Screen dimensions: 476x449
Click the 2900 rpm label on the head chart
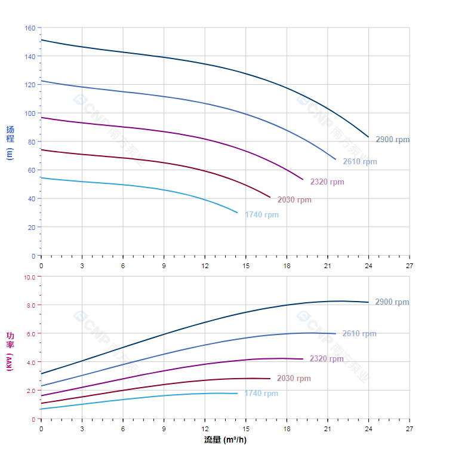click(x=392, y=139)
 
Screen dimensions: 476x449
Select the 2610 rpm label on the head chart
click(x=359, y=161)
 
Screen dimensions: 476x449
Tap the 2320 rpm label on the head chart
click(x=327, y=182)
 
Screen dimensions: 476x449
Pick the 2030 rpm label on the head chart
click(x=294, y=199)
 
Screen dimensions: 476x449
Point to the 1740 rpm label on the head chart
click(x=262, y=214)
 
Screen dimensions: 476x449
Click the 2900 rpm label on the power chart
click(x=392, y=302)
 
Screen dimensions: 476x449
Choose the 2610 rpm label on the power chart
click(x=359, y=333)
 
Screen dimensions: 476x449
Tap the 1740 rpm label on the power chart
click(x=261, y=393)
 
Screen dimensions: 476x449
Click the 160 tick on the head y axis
click(x=29, y=27)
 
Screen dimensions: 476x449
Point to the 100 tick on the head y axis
click(x=29, y=113)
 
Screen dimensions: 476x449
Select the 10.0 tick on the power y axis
click(x=29, y=277)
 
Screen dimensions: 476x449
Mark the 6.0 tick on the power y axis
click(x=29, y=333)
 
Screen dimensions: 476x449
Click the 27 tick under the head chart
click(x=409, y=265)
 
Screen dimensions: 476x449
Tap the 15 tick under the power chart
click(x=245, y=429)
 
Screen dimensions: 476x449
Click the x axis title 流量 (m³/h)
click(x=225, y=440)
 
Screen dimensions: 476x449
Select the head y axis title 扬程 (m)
click(x=10, y=142)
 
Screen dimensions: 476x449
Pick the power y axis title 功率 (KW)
click(x=10, y=351)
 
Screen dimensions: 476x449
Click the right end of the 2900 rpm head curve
click(x=368, y=137)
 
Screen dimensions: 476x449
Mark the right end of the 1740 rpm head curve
click(x=237, y=213)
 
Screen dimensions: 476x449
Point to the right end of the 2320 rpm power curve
click(x=303, y=359)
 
